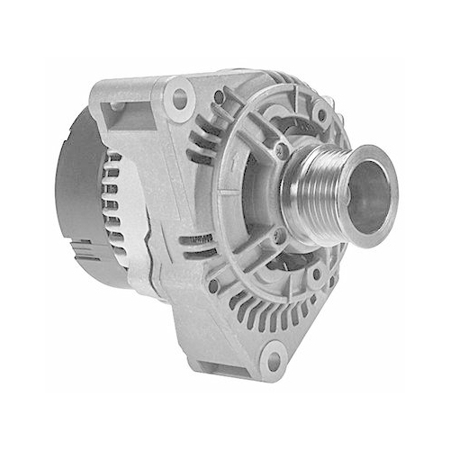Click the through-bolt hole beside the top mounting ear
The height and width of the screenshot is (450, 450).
pos(219,96)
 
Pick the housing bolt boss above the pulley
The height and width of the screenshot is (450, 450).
pos(320,115)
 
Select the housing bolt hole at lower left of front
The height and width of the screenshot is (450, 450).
pos(213,285)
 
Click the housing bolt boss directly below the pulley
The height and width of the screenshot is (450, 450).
pos(317,273)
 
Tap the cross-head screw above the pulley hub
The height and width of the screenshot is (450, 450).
pos(282,149)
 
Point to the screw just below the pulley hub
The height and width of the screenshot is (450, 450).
pos(280,236)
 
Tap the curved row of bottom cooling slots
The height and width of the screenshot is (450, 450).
pos(270,310)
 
